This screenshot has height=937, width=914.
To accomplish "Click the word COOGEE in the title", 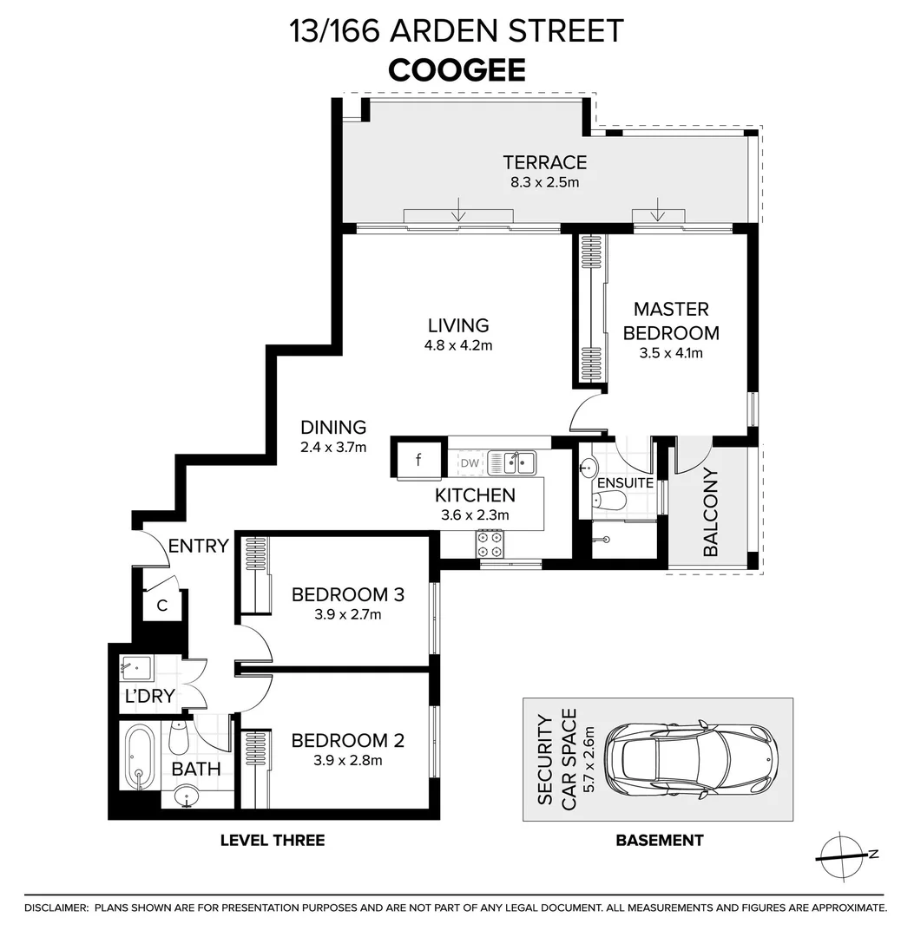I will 457,69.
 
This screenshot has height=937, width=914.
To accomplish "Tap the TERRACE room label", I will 544,162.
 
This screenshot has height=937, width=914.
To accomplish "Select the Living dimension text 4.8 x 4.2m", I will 459,345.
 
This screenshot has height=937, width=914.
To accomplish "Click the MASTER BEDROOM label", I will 671,321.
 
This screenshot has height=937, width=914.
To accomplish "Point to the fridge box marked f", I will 419,460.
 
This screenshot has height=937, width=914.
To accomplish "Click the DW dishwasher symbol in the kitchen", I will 469,463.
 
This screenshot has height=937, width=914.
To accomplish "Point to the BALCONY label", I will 710,512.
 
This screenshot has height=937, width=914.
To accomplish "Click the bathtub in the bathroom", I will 139,757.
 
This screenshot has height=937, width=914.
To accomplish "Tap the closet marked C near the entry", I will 162,605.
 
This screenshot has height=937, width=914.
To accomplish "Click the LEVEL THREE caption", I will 273,840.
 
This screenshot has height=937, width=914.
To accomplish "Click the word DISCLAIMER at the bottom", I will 56,908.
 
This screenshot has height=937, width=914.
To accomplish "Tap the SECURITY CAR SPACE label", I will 557,759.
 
